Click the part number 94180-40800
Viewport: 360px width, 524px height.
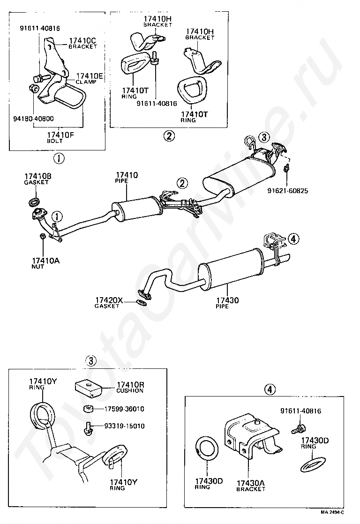(x=33, y=119)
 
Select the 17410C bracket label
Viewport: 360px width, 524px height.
(x=83, y=44)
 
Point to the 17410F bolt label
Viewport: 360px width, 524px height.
(x=60, y=137)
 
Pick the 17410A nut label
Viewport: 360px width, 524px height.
(x=45, y=263)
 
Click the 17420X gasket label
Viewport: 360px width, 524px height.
(x=109, y=303)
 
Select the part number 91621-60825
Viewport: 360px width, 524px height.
(x=288, y=191)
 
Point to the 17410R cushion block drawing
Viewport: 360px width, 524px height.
(x=88, y=388)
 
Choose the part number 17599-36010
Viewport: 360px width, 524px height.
(x=124, y=409)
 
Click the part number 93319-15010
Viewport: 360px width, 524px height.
(x=124, y=426)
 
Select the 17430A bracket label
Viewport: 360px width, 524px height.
(x=251, y=486)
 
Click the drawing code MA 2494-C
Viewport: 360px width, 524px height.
(x=332, y=512)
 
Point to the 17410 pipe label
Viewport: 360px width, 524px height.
(x=127, y=178)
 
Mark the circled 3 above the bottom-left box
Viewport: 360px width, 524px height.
(x=91, y=361)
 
